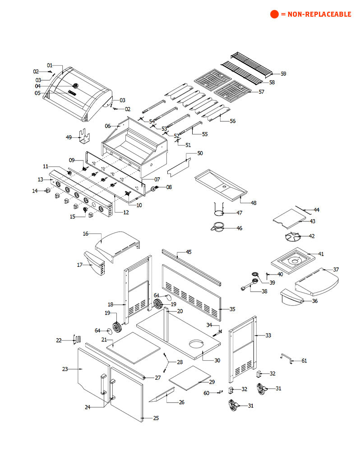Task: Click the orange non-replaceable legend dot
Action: [x=274, y=14]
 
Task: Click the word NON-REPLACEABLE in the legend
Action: [x=318, y=14]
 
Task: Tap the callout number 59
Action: [x=283, y=73]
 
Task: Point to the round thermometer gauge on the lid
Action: [x=75, y=86]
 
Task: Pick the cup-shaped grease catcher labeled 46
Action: [x=218, y=227]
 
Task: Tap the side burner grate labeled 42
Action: [x=292, y=237]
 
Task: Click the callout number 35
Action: [x=232, y=309]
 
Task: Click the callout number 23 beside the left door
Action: [x=65, y=369]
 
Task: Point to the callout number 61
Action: [x=304, y=361]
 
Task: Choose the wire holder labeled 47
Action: [x=219, y=210]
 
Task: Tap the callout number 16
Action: [x=85, y=234]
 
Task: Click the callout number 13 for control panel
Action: [x=40, y=179]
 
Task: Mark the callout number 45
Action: [x=189, y=252]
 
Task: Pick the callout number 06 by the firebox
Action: [x=107, y=126]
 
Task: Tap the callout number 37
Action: [x=336, y=270]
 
